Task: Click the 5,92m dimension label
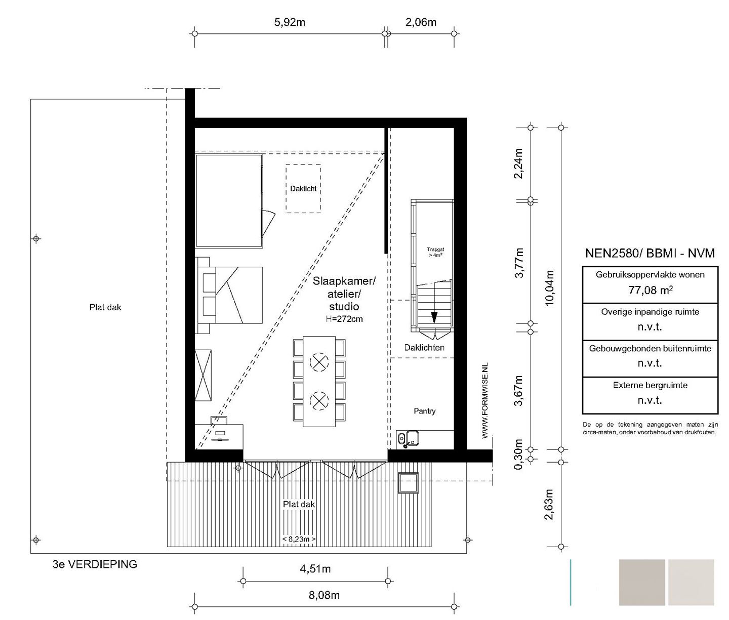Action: [x=290, y=22]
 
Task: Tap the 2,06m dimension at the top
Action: [x=421, y=22]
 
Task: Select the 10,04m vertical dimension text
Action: [x=549, y=288]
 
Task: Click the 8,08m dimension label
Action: [x=324, y=595]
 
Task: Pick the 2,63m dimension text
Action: [x=549, y=504]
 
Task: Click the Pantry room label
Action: [x=425, y=411]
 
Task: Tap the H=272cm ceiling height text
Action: [x=344, y=319]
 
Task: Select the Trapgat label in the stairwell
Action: [x=435, y=250]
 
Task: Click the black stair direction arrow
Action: [x=434, y=317]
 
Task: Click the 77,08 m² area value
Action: [x=651, y=290]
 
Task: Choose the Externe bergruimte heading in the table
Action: [x=650, y=385]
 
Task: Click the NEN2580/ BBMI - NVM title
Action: [x=650, y=253]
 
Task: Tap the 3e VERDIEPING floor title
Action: [x=95, y=564]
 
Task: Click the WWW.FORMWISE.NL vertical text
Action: [x=485, y=401]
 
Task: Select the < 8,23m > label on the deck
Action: [x=299, y=539]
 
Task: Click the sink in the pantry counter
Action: [x=412, y=438]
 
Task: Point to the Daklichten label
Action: [x=424, y=348]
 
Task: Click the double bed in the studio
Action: [x=230, y=295]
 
